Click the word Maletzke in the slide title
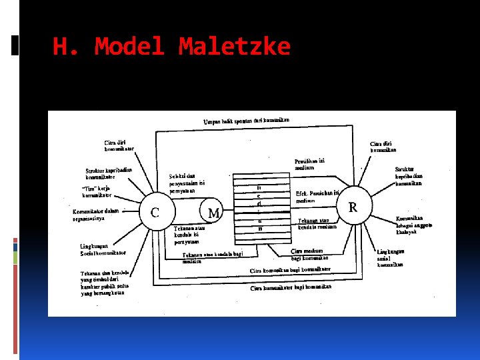coord(234,47)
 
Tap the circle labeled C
coord(154,213)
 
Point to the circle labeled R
coord(353,207)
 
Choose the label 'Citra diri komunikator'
coord(119,145)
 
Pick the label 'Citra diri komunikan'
coord(381,147)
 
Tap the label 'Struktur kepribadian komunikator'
coord(109,173)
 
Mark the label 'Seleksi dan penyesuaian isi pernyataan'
coord(187,183)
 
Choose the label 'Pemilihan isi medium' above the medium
coord(310,164)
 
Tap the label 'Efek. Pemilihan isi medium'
coord(317,197)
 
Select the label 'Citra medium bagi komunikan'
coord(311,255)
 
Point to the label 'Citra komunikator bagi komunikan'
coord(291,287)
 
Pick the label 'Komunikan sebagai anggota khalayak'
coord(413,225)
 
